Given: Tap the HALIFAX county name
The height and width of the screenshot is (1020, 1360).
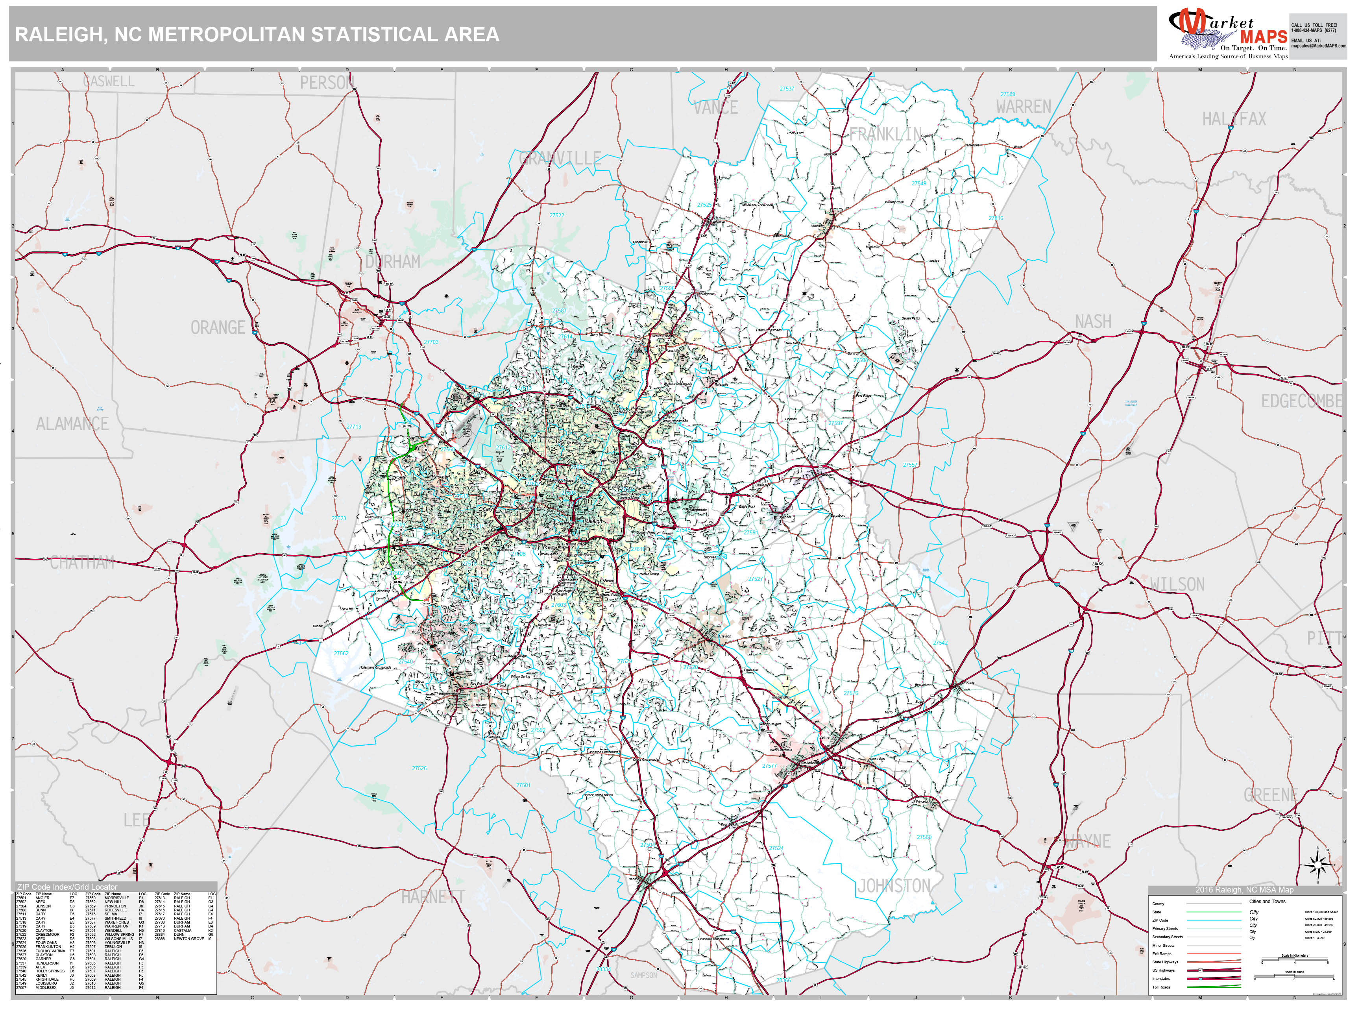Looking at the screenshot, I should [1234, 119].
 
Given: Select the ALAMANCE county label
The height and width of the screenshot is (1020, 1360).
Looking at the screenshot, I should [72, 423].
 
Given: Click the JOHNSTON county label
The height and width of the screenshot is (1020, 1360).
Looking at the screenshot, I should [893, 886].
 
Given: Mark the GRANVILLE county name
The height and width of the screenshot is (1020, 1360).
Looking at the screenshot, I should [560, 159].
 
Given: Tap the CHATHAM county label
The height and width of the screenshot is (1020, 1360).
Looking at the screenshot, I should [82, 563].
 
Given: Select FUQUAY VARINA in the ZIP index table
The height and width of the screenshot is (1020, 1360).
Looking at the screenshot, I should [50, 950].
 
